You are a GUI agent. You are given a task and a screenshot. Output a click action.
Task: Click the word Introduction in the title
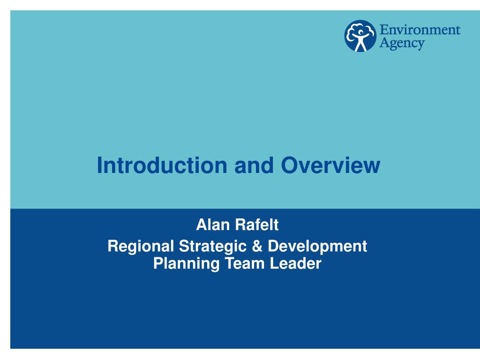point(162,165)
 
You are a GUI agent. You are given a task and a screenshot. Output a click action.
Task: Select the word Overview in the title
point(330,165)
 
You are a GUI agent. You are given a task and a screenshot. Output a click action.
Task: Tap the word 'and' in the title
point(254,165)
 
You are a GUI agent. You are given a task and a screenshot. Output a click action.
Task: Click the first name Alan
point(213,225)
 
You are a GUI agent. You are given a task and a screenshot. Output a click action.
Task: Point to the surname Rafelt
point(257,225)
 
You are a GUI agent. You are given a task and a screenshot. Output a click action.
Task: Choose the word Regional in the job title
point(141,247)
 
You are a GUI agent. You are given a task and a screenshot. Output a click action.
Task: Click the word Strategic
point(213,247)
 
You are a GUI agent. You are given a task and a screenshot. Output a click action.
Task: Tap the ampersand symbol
point(257,246)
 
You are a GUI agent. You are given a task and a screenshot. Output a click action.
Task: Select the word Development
point(317,247)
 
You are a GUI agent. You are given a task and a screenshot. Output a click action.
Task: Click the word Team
point(245,263)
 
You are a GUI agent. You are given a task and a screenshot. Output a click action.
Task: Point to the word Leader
point(296,263)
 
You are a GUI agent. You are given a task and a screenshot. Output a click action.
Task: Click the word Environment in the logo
point(420,30)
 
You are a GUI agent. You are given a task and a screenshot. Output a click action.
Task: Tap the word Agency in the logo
point(402,43)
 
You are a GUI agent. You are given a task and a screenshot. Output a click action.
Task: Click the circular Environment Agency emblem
point(360,36)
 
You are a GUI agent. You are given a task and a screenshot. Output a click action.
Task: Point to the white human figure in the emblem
point(360,40)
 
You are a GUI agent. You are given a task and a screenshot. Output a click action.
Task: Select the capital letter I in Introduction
point(99,165)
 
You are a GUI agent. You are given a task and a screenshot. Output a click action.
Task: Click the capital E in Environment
point(384,30)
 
